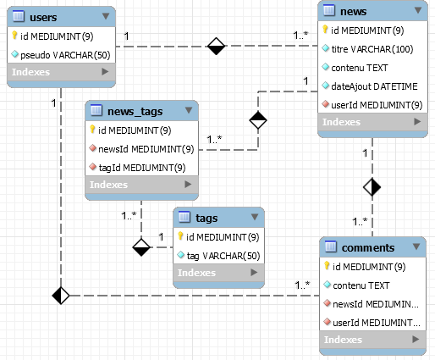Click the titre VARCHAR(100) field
[x=372, y=49]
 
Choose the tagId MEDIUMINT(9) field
[x=138, y=167]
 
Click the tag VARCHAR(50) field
[x=221, y=254]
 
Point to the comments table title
[x=365, y=247]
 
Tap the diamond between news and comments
[x=372, y=186]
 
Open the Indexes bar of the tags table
[x=218, y=273]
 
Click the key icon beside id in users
[x=16, y=36]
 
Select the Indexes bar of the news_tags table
[x=141, y=185]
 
